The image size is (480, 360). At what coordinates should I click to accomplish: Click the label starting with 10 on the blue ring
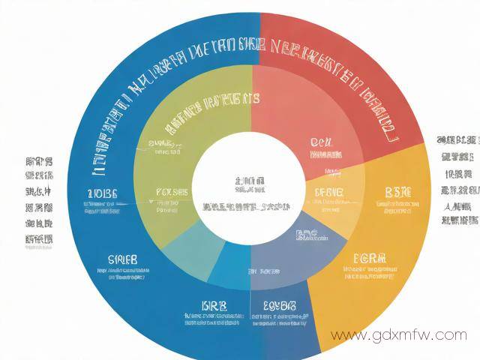click(x=102, y=194)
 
